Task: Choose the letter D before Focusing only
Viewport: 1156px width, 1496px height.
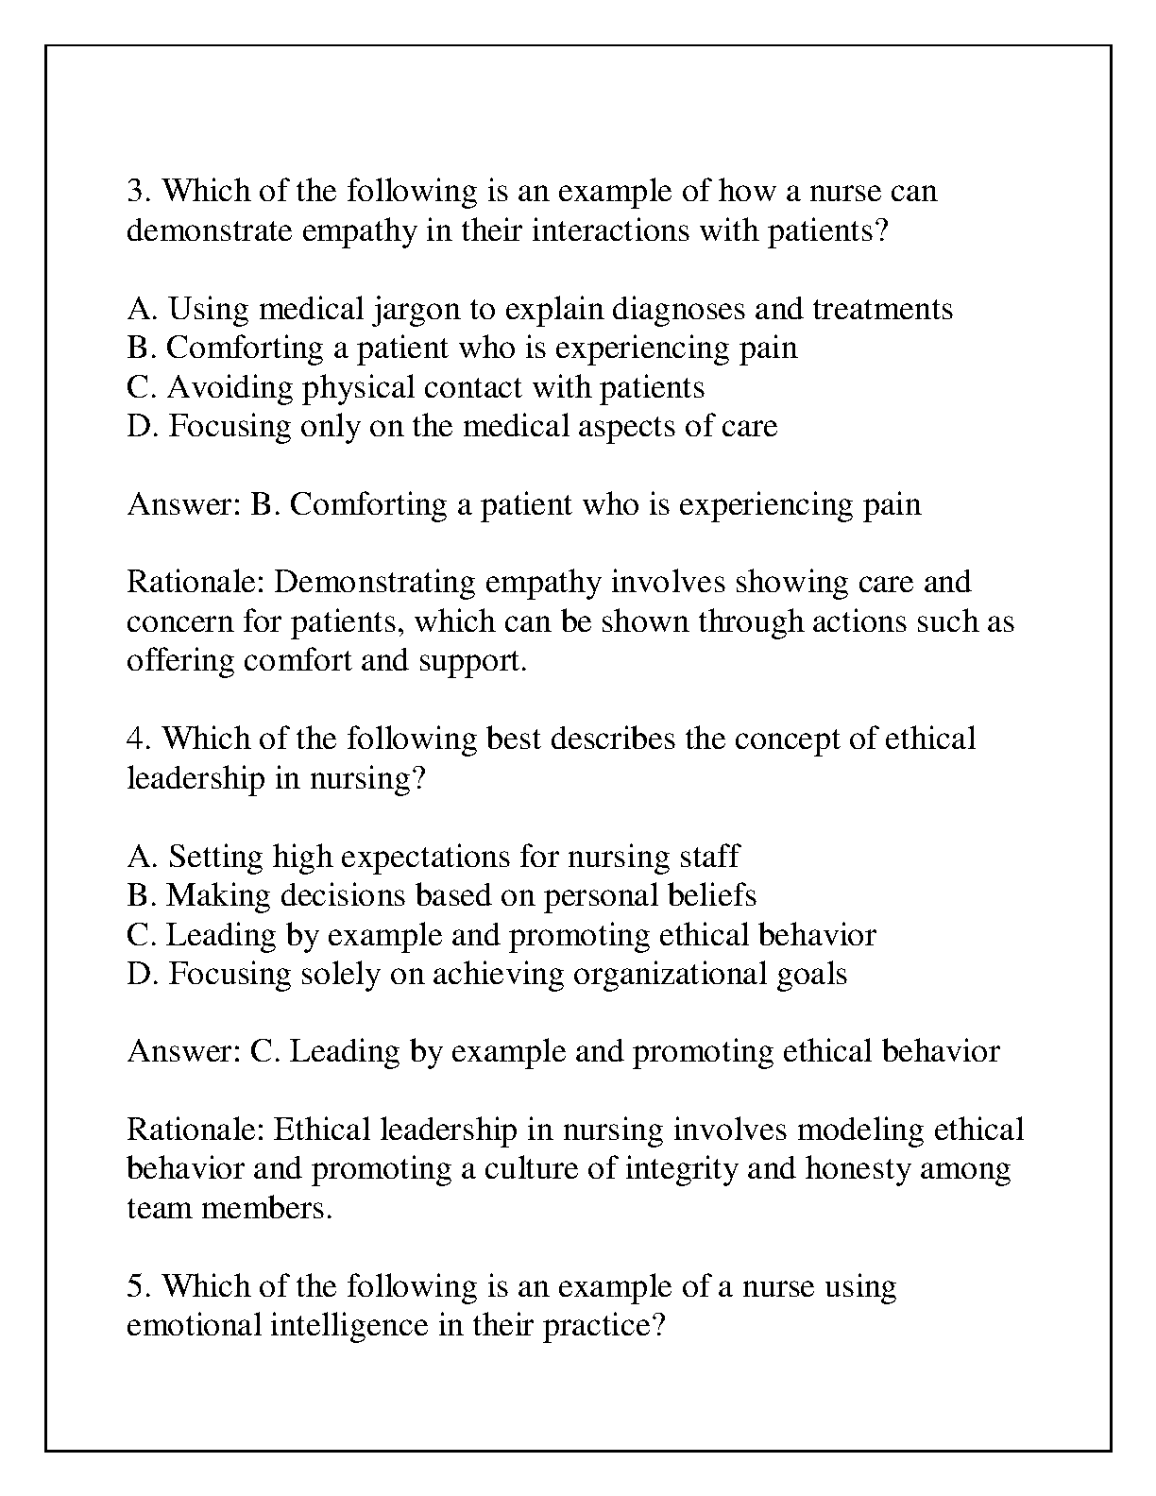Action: [x=138, y=426]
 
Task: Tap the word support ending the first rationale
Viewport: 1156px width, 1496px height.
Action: [x=471, y=660]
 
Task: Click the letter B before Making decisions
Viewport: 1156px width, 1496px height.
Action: [x=137, y=895]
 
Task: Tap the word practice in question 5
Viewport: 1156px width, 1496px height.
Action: [x=603, y=1325]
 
